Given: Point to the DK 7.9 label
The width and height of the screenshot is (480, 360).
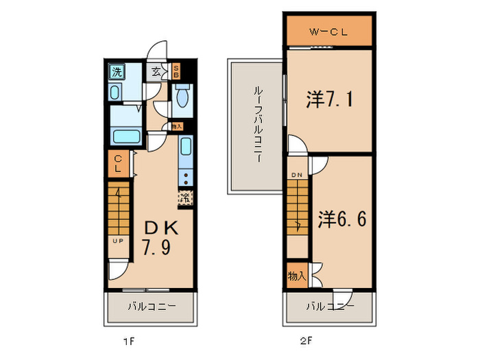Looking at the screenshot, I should pyautogui.click(x=160, y=237).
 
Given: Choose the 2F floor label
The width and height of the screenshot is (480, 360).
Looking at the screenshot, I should pyautogui.click(x=304, y=339).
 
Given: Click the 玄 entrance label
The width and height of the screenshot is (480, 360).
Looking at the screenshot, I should pyautogui.click(x=156, y=71).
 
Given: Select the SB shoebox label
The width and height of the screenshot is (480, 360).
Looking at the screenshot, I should pyautogui.click(x=176, y=71).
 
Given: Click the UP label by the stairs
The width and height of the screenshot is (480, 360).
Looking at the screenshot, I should pyautogui.click(x=118, y=241).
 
